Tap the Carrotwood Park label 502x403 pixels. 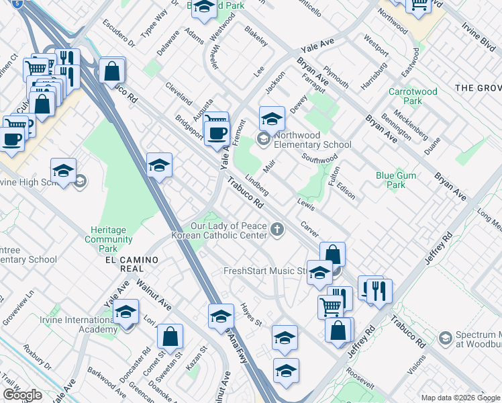tap(413, 96)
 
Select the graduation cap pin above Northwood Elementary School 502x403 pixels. tap(271, 119)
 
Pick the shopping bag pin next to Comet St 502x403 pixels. tap(170, 337)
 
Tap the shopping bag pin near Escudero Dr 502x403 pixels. tap(113, 70)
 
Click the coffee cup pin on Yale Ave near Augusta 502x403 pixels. tap(216, 132)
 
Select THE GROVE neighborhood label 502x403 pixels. tap(478, 88)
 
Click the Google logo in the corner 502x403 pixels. tap(22, 395)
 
